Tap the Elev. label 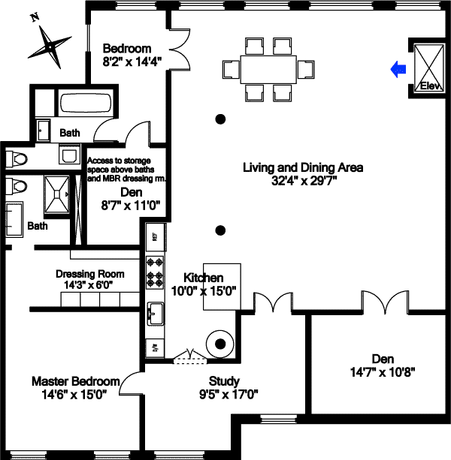[x=428, y=85]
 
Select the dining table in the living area [x=268, y=70]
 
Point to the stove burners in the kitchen [x=156, y=271]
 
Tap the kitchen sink [x=156, y=312]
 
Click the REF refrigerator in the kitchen [x=156, y=236]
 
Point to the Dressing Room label [x=90, y=274]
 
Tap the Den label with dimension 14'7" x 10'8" [x=383, y=359]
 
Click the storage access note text [x=126, y=170]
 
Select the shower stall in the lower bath [x=56, y=194]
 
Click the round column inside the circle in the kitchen [x=220, y=344]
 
